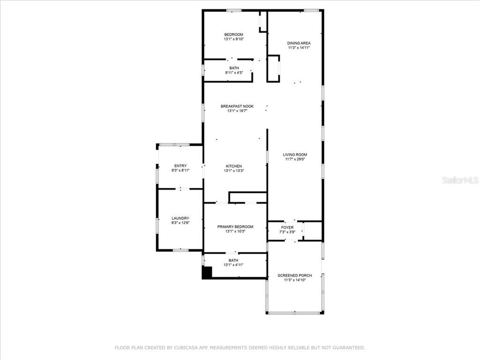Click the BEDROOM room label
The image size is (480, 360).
pyautogui.click(x=233, y=35)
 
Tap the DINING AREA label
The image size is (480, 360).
pyautogui.click(x=299, y=43)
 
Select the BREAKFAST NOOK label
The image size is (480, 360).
pyautogui.click(x=237, y=106)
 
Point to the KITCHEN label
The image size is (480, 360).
pyautogui.click(x=234, y=166)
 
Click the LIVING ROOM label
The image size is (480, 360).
pyautogui.click(x=295, y=155)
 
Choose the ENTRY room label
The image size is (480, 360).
pyautogui.click(x=180, y=166)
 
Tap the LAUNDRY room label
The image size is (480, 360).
pyautogui.click(x=180, y=218)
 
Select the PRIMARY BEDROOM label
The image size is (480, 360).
pyautogui.click(x=235, y=227)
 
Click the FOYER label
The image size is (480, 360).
pyautogui.click(x=287, y=227)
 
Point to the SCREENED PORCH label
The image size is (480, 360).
pyautogui.click(x=295, y=276)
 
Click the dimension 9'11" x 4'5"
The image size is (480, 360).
pyautogui.click(x=234, y=73)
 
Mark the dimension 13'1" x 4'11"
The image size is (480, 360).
pyautogui.click(x=233, y=265)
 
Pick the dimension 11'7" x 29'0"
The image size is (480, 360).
pyautogui.click(x=295, y=159)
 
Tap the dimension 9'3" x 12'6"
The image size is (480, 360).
pyautogui.click(x=180, y=223)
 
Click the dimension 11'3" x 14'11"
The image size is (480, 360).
pyautogui.click(x=299, y=48)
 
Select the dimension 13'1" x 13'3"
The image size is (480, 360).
pyautogui.click(x=234, y=171)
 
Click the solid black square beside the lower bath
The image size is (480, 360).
pyautogui.click(x=207, y=272)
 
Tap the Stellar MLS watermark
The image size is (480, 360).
pyautogui.click(x=460, y=180)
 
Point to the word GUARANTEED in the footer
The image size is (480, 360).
pyautogui.click(x=349, y=347)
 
